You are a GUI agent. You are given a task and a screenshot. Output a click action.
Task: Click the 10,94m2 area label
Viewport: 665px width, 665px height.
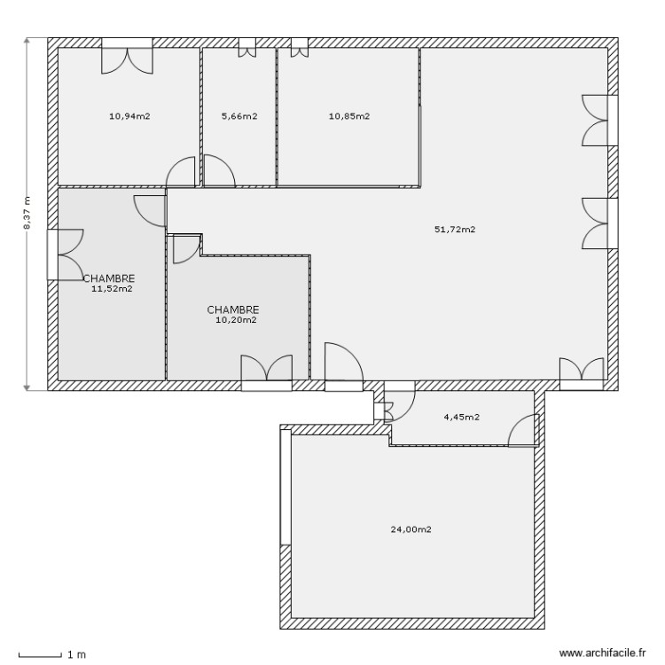pos(129,116)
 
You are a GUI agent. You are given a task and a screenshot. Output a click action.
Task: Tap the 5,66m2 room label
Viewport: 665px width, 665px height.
pos(239,116)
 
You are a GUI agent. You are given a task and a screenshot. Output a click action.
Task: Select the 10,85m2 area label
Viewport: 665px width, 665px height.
pos(348,116)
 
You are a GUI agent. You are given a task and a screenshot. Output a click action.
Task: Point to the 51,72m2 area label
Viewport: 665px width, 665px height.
pos(455,230)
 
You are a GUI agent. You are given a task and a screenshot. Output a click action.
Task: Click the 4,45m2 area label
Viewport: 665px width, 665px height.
pos(461,417)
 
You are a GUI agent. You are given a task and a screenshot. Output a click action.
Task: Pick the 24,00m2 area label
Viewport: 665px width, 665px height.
pos(411,529)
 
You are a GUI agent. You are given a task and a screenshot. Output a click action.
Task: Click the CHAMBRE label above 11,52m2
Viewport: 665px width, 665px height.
pos(109,278)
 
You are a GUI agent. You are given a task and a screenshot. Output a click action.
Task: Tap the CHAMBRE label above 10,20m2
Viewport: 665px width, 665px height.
pos(233,310)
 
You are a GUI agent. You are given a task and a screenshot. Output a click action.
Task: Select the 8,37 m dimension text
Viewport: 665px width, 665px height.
pos(27,213)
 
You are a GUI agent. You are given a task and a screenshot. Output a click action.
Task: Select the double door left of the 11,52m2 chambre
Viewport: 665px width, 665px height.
pos(64,254)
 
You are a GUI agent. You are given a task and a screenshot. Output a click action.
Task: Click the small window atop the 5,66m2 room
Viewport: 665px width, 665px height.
pos(246,47)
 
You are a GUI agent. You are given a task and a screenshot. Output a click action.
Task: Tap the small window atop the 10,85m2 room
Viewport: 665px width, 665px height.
pos(299,47)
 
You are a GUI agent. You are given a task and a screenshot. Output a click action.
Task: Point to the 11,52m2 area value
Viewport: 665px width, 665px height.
pos(112,288)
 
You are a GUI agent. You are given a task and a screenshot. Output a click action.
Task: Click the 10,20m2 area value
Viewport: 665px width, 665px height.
pos(236,321)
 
